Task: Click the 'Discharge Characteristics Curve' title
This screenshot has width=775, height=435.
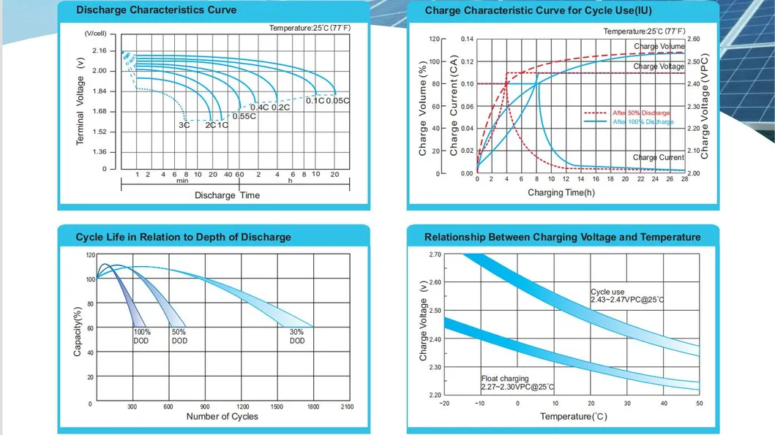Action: (156, 10)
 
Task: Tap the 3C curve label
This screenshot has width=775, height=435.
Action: (184, 126)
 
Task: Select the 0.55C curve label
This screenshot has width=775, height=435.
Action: (244, 116)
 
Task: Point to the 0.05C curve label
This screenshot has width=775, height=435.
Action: (337, 101)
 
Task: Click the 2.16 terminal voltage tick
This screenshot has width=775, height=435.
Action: (100, 51)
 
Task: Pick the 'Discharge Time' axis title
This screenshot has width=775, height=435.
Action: (227, 195)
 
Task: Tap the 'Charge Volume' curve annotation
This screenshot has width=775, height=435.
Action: (659, 46)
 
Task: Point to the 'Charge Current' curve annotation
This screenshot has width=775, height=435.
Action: (659, 157)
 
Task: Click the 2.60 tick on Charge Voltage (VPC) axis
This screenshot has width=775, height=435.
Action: (694, 39)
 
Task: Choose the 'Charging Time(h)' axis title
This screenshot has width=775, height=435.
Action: (561, 192)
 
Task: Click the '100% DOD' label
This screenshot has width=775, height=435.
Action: (141, 336)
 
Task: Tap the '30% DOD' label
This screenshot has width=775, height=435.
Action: (297, 336)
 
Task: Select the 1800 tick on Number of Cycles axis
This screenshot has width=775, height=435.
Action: (313, 407)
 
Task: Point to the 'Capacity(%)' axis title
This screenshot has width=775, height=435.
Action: (77, 331)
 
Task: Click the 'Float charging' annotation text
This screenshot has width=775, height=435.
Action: (505, 379)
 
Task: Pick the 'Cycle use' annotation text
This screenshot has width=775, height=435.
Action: (607, 292)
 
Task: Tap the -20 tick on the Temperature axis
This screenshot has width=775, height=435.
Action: (444, 404)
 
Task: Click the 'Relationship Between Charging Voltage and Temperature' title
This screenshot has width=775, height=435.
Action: (563, 237)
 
